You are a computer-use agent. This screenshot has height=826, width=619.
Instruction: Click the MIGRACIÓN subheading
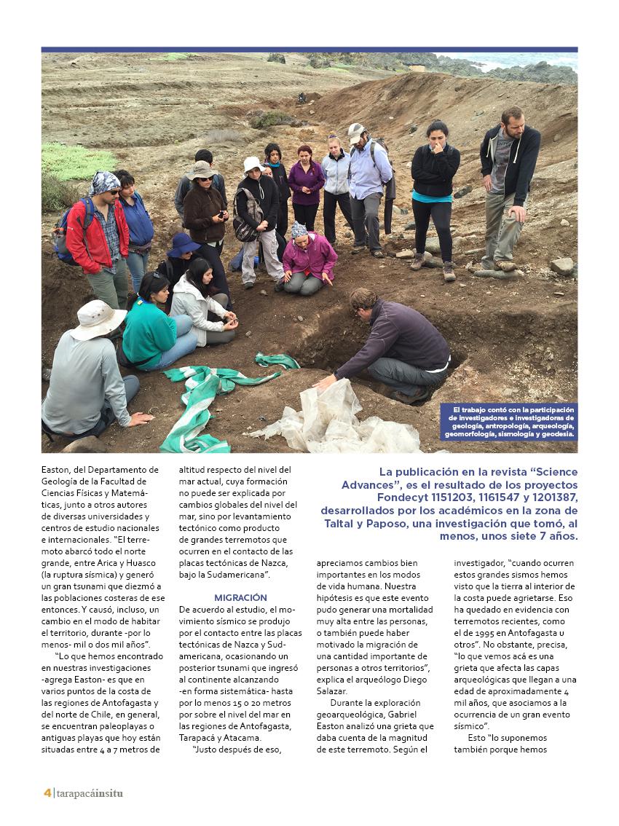240,597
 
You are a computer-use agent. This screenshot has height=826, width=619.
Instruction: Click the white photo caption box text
509,422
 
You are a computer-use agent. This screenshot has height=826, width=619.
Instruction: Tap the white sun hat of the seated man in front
98,318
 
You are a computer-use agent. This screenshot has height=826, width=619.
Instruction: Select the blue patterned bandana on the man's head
105,181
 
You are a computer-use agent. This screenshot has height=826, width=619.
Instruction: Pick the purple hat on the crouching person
182,244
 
